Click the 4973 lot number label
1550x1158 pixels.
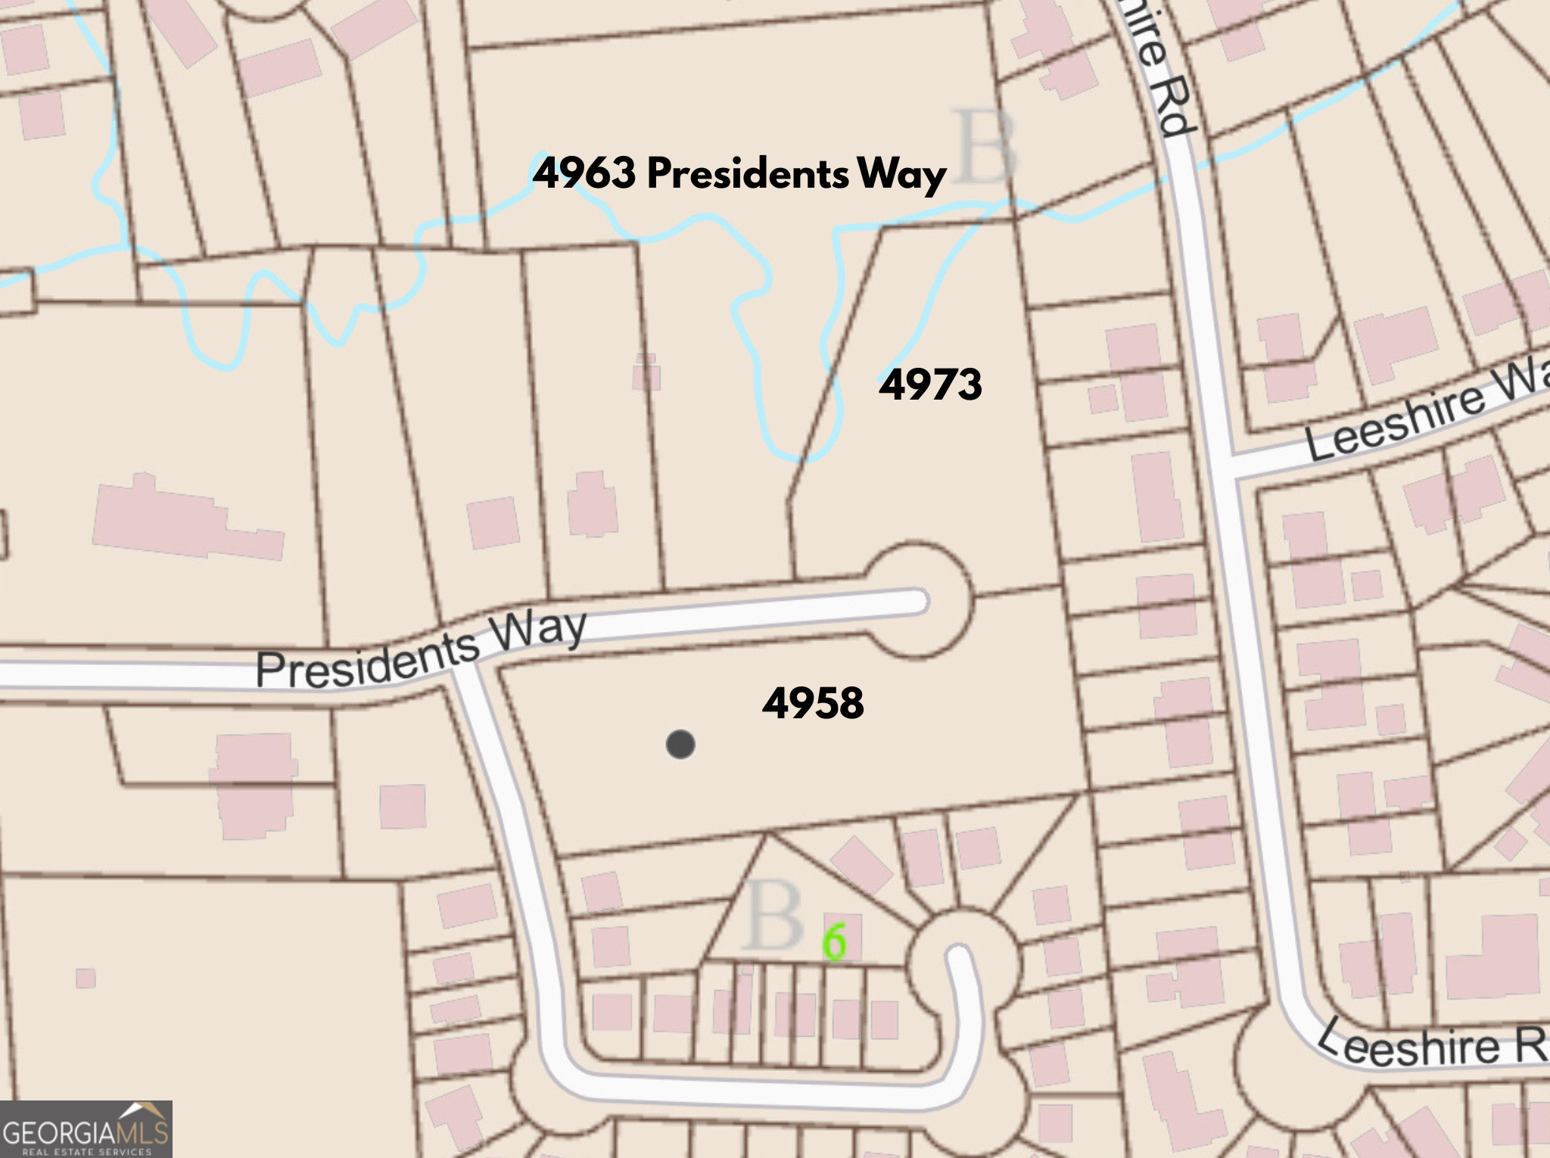click(930, 384)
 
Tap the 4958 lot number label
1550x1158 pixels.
click(813, 703)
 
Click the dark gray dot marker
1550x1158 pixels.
click(680, 745)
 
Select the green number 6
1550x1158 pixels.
click(835, 942)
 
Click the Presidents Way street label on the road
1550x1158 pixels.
click(421, 650)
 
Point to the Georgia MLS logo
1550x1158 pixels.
click(86, 1129)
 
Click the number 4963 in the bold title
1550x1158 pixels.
click(585, 173)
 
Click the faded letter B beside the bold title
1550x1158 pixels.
click(983, 147)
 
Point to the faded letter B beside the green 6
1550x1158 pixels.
click(773, 918)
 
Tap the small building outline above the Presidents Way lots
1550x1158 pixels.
click(646, 372)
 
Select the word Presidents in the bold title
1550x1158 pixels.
click(748, 174)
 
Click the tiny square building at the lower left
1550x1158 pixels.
click(86, 978)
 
